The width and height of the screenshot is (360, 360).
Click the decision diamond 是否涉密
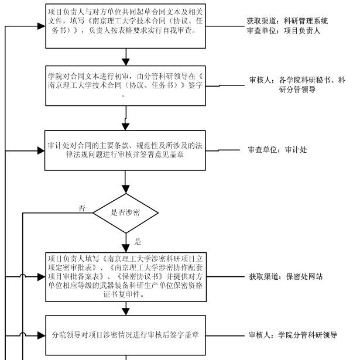126,213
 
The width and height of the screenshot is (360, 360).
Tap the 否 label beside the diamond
82,208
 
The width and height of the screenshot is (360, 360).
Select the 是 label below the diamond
138,242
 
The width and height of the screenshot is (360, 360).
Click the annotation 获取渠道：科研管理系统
287,21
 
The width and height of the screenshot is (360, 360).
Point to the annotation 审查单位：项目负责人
283,30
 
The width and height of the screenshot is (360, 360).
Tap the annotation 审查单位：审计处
277,150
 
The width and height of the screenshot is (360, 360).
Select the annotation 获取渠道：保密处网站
286,277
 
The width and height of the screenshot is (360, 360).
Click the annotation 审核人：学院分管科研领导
293,335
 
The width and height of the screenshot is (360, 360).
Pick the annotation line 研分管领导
297,90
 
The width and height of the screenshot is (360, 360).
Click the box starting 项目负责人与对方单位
126,26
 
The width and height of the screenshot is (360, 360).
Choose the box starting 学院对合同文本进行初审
126,85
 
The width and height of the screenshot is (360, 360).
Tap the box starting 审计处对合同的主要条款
125,150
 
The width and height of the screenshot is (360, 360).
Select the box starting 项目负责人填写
126,277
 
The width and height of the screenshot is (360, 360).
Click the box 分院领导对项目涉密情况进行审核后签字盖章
126,335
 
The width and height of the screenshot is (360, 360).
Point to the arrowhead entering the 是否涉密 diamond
126,190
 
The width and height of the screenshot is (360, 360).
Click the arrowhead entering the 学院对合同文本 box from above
126,62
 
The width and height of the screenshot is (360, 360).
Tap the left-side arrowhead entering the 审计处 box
41,151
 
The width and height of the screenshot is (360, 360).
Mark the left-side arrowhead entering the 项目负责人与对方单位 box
42,26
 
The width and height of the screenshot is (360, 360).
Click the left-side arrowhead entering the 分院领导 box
42,335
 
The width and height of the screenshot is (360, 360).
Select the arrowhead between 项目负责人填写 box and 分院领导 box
126,311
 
